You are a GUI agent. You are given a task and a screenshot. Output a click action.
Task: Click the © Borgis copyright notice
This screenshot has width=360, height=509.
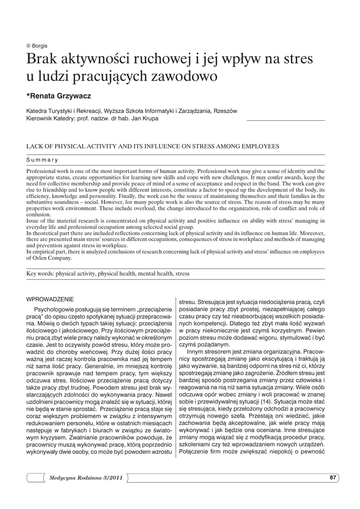tap(37, 46)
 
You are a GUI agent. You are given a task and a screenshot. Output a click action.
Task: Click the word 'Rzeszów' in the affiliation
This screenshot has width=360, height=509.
tap(225, 111)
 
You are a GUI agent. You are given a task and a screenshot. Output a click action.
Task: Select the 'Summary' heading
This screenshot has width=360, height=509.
tap(42, 160)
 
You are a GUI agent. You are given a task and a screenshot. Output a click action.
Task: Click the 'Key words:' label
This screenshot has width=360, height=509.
tap(40, 273)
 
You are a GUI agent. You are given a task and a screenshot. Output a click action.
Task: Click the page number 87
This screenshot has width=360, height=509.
tap(333, 478)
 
